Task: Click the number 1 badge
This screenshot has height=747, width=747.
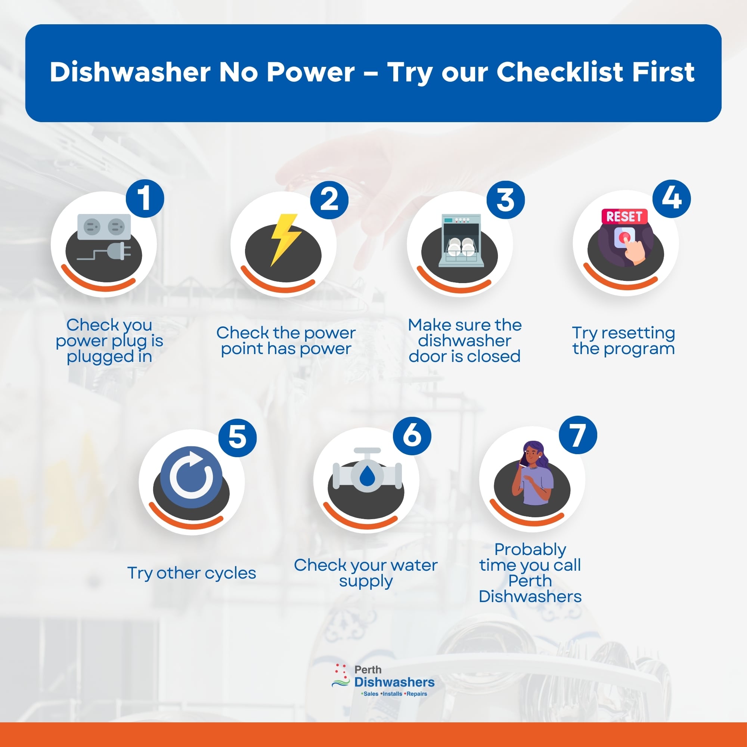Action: tap(145, 198)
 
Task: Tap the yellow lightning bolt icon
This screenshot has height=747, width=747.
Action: tap(285, 239)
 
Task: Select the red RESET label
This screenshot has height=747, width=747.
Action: tap(624, 217)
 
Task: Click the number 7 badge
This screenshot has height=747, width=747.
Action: tap(578, 435)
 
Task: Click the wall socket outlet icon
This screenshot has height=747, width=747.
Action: tap(104, 227)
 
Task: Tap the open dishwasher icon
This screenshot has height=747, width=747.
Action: tap(461, 240)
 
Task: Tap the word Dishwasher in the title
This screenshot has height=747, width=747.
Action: tap(130, 72)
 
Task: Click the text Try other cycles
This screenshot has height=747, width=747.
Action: tap(192, 573)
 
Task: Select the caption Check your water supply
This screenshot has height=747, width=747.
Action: tap(366, 573)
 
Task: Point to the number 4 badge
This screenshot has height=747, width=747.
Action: tap(671, 198)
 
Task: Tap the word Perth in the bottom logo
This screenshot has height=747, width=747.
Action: tap(368, 670)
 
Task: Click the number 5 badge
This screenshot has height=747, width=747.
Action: tap(238, 437)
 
